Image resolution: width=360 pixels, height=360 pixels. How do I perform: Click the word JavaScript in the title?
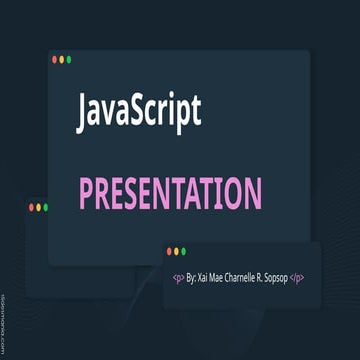click(x=139, y=111)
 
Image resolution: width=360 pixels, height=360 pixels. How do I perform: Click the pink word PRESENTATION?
click(x=170, y=192)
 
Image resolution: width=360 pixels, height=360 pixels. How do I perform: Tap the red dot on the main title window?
click(x=55, y=60)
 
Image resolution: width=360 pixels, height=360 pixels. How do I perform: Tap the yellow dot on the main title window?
click(x=62, y=60)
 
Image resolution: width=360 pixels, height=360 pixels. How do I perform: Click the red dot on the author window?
click(x=170, y=251)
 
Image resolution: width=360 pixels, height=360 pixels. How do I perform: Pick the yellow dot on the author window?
click(x=177, y=251)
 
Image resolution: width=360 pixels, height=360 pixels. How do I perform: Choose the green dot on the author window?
click(x=184, y=251)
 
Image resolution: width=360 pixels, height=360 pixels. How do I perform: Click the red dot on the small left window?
click(x=31, y=207)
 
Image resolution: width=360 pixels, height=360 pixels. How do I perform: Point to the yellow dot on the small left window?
click(x=38, y=207)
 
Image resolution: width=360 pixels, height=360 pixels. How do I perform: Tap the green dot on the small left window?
click(x=45, y=207)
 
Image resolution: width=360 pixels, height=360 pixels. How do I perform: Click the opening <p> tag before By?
click(x=179, y=277)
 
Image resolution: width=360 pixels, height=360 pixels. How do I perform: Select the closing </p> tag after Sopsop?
click(x=297, y=277)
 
